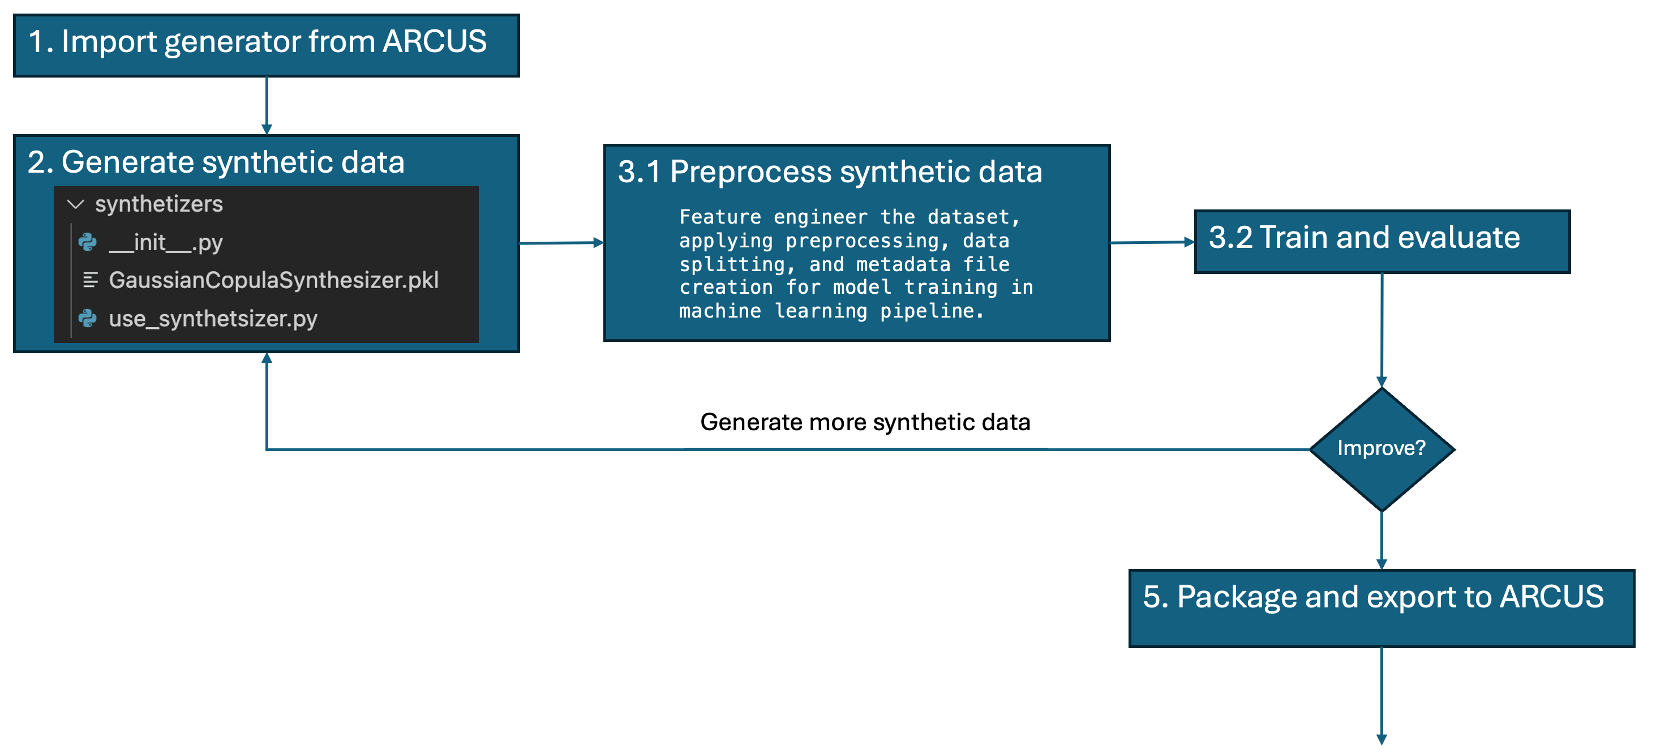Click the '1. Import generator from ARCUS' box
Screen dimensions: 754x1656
pyautogui.click(x=266, y=45)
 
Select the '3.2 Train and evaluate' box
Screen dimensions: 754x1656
pyautogui.click(x=1382, y=241)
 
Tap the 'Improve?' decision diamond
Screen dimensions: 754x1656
pyautogui.click(x=1382, y=449)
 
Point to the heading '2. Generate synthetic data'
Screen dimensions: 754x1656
pyautogui.click(x=216, y=162)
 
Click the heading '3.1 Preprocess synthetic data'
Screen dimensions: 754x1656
pyautogui.click(x=829, y=172)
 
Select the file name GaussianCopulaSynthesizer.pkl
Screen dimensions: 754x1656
pyautogui.click(x=274, y=280)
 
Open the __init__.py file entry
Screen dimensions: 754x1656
pyautogui.click(x=166, y=242)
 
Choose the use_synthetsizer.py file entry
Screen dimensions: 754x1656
pyautogui.click(x=213, y=318)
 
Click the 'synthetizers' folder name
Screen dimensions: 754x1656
pyautogui.click(x=159, y=204)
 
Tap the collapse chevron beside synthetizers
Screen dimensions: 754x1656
pyautogui.click(x=76, y=204)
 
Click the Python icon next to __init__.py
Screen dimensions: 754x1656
pyautogui.click(x=87, y=242)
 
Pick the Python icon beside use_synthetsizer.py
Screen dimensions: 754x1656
pyautogui.click(x=87, y=318)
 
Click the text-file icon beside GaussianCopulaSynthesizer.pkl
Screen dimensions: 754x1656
pyautogui.click(x=90, y=280)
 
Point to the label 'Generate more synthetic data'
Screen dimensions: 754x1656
pyautogui.click(x=865, y=422)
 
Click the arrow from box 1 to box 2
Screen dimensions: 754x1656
pyautogui.click(x=267, y=105)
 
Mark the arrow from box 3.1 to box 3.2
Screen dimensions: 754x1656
pyautogui.click(x=1151, y=242)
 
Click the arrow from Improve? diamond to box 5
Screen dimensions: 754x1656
pyautogui.click(x=1382, y=540)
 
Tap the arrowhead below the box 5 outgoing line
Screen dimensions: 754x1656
pyautogui.click(x=1382, y=739)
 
